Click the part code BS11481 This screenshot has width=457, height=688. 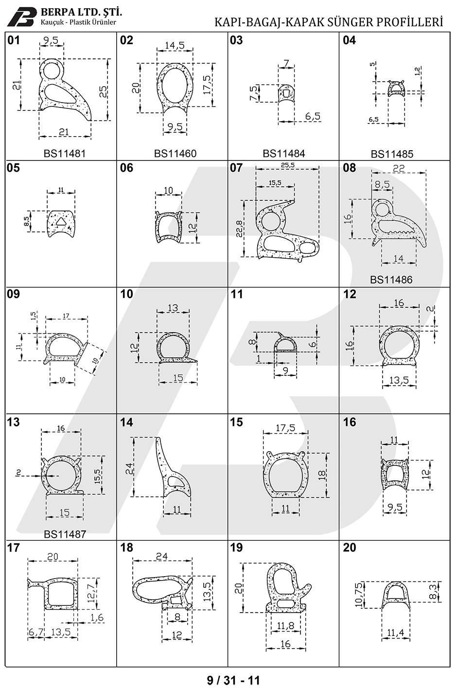pyautogui.click(x=65, y=153)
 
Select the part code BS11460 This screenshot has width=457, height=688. pyautogui.click(x=175, y=153)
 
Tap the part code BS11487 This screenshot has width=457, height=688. pyautogui.click(x=65, y=534)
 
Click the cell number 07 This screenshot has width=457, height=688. pyautogui.click(x=236, y=168)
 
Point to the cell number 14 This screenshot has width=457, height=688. pyautogui.click(x=126, y=423)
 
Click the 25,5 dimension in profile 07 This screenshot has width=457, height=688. pyautogui.click(x=287, y=165)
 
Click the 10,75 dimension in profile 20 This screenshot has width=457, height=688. pyautogui.click(x=359, y=595)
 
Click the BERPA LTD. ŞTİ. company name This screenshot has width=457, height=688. pyautogui.click(x=81, y=13)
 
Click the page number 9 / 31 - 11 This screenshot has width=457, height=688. pyautogui.click(x=233, y=680)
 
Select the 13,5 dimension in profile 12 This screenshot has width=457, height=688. pyautogui.click(x=399, y=381)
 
